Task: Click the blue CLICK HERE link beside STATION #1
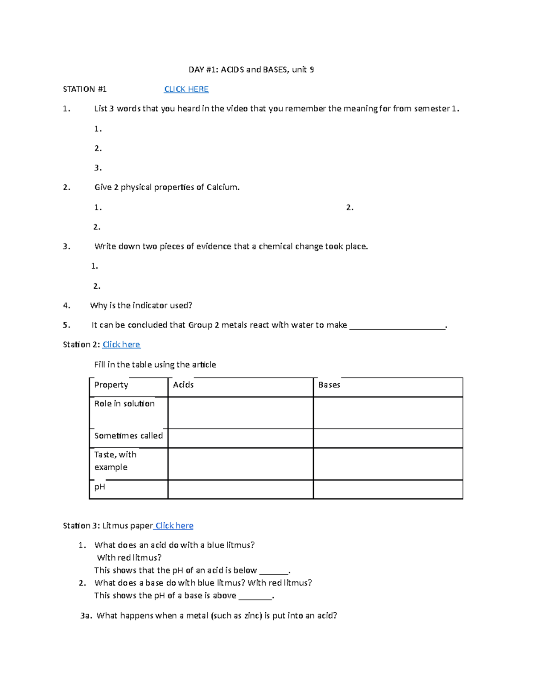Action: pyautogui.click(x=186, y=89)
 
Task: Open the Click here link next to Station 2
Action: pyautogui.click(x=121, y=344)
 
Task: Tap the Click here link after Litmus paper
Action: pyautogui.click(x=174, y=526)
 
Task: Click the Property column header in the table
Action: pyautogui.click(x=111, y=385)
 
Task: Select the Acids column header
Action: pyautogui.click(x=183, y=385)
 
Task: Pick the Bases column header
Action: pyautogui.click(x=329, y=385)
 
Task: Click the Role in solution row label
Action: pyautogui.click(x=124, y=404)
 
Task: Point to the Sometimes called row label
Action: pyautogui.click(x=128, y=436)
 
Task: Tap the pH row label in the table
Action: pyautogui.click(x=100, y=487)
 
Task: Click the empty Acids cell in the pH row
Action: pyautogui.click(x=240, y=489)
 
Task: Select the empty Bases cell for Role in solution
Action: pyautogui.click(x=388, y=413)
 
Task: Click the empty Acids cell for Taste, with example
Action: pyautogui.click(x=240, y=464)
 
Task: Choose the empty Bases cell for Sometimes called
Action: pyautogui.click(x=388, y=438)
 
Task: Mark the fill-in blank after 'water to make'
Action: pyautogui.click(x=397, y=326)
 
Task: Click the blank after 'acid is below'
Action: pyautogui.click(x=274, y=571)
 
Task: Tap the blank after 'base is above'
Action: pyautogui.click(x=255, y=597)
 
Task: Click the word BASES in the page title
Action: pyautogui.click(x=276, y=70)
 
